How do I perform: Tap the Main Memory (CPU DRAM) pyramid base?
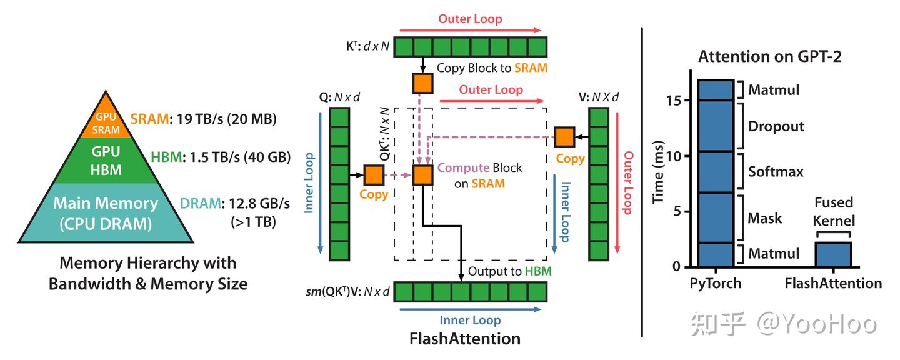[106, 212]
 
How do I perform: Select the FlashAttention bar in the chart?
[833, 254]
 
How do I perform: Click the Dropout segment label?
[776, 126]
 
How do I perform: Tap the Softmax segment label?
[776, 171]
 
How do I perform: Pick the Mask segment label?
[765, 218]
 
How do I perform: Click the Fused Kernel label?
[834, 212]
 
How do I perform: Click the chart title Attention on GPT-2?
[769, 56]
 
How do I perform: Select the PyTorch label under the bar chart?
[716, 283]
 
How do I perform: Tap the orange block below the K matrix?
[422, 83]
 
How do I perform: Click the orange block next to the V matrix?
[565, 136]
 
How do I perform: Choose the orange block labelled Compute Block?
[422, 175]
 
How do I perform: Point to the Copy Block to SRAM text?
[491, 68]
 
